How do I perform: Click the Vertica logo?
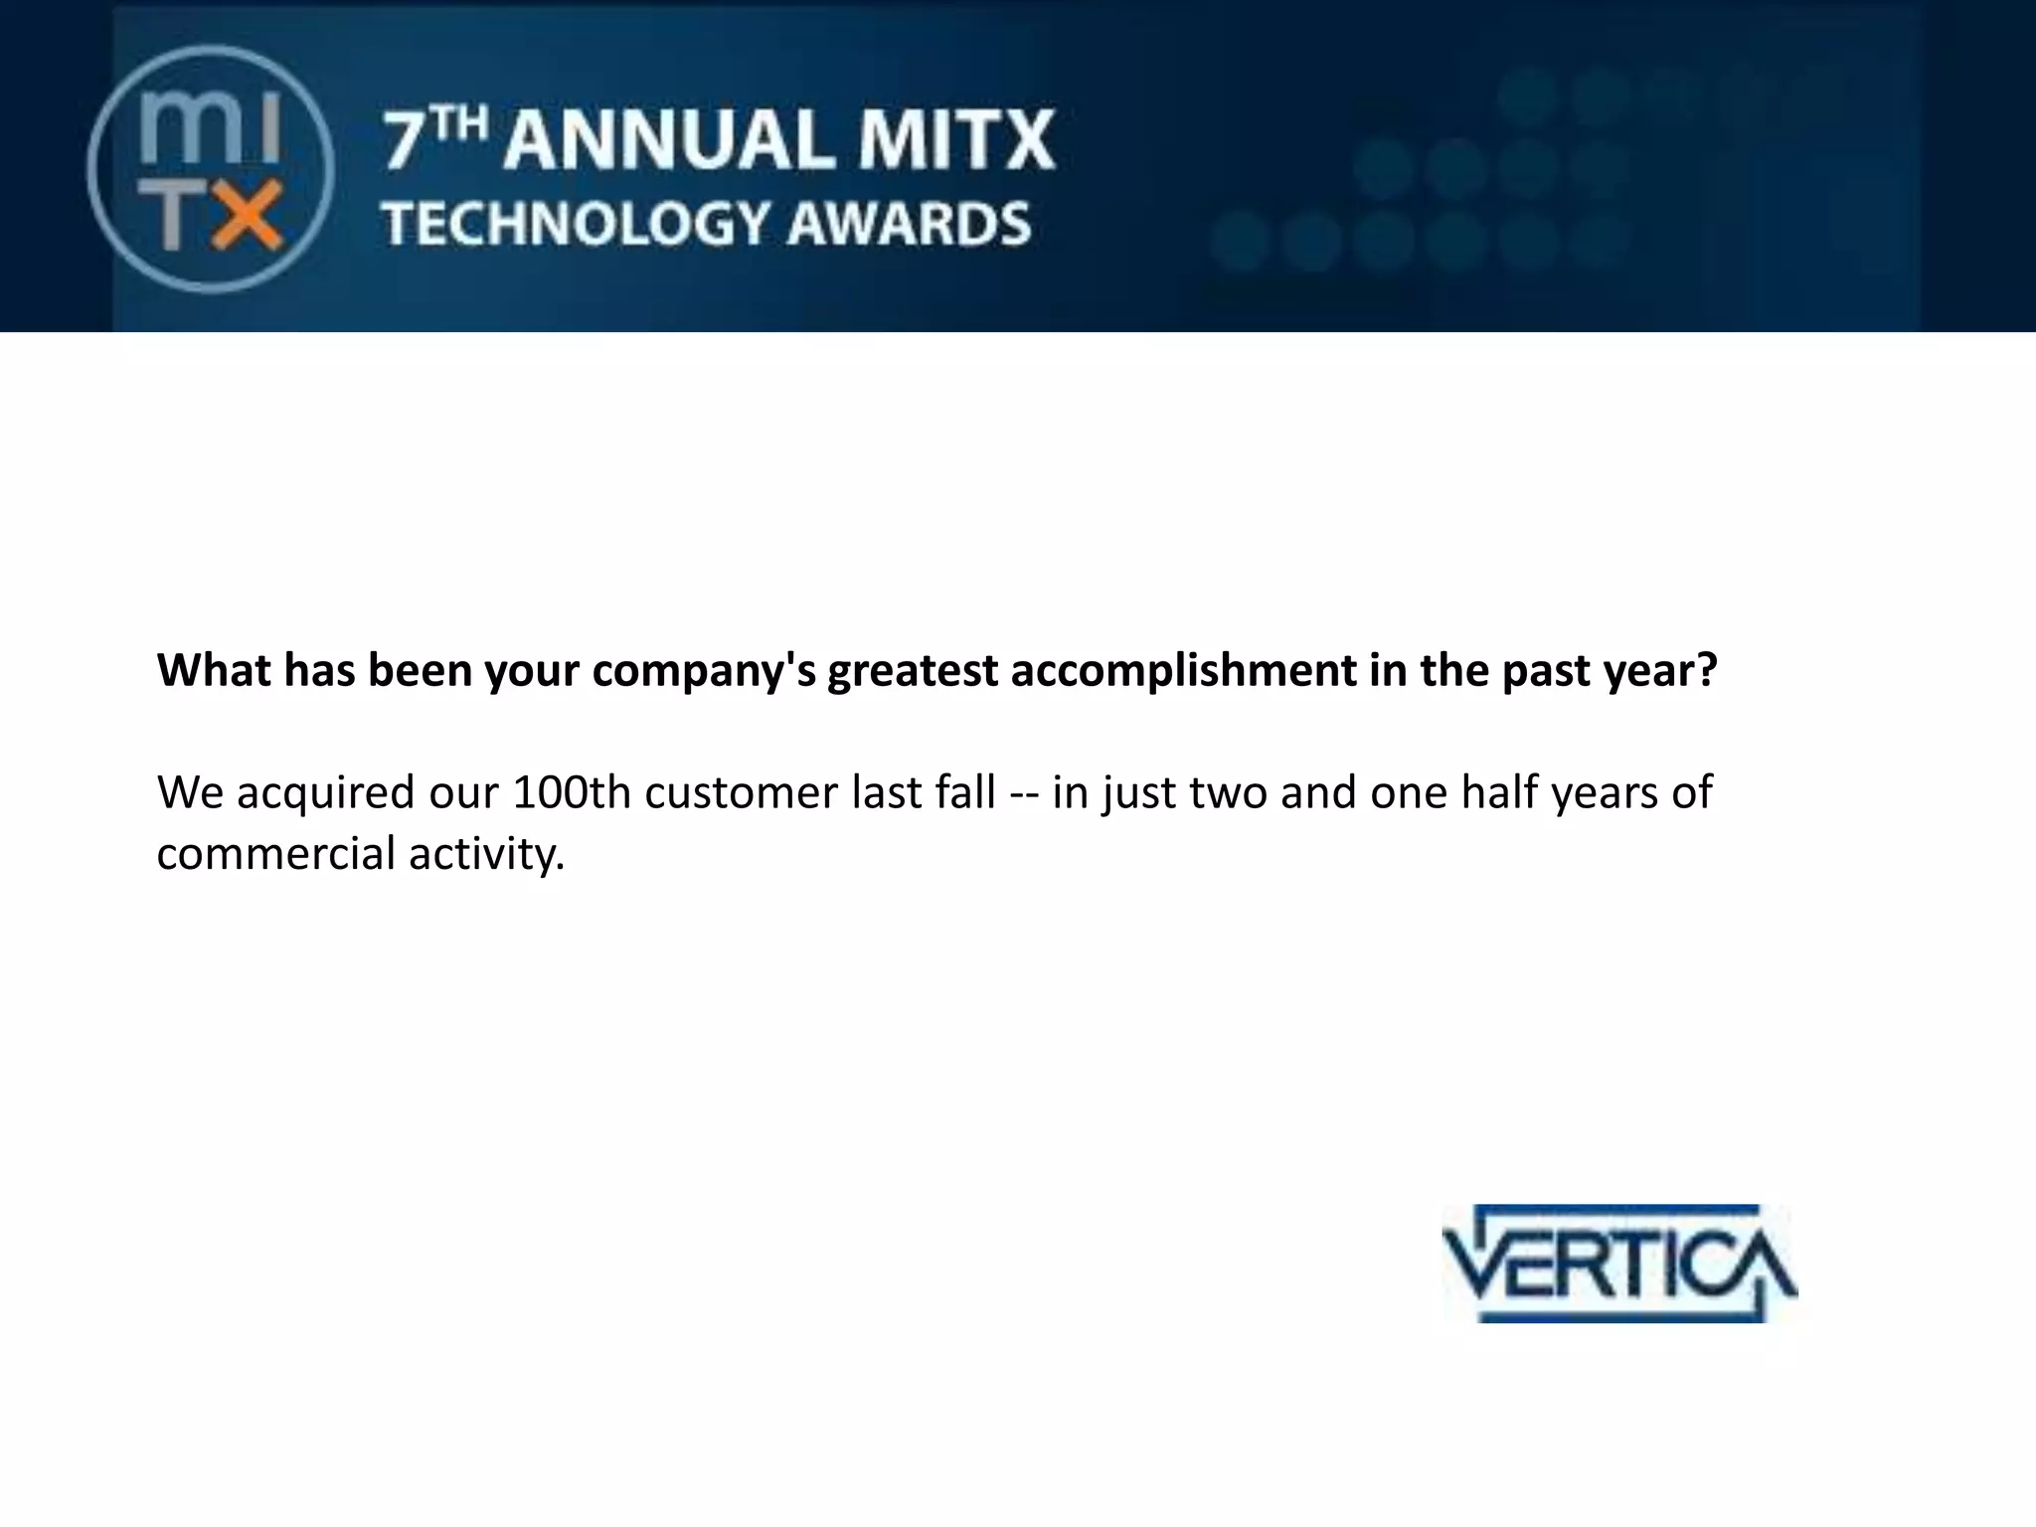[1619, 1265]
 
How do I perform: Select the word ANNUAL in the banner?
[667, 140]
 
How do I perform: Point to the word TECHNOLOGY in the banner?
[576, 223]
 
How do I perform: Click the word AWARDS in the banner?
[910, 223]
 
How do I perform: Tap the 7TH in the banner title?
[435, 140]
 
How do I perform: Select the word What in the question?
[213, 671]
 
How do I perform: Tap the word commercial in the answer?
[261, 854]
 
